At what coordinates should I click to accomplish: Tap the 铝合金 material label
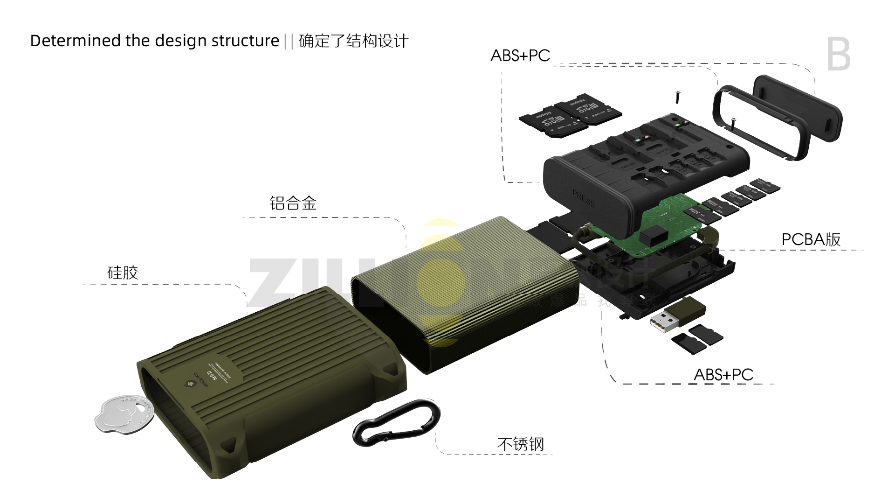[293, 203]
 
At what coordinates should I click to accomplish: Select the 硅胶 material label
[123, 273]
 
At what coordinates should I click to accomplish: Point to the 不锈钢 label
[520, 444]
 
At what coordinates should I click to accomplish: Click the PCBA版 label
[811, 239]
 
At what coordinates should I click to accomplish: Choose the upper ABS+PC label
[520, 56]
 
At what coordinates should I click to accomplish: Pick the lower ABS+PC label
[723, 374]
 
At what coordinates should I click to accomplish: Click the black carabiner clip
[396, 423]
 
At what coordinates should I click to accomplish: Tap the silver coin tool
[124, 413]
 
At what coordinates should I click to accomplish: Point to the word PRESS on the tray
[584, 199]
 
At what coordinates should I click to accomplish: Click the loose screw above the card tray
[677, 97]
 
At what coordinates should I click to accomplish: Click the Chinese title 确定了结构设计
[353, 41]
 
